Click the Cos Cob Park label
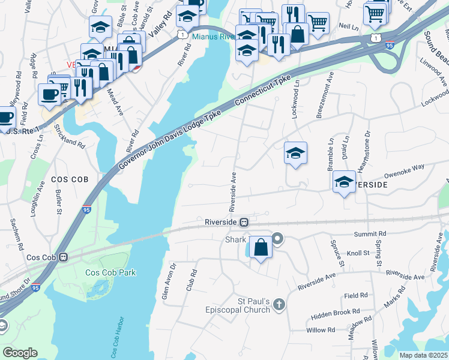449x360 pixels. (x=110, y=272)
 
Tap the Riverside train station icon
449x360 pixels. (x=244, y=222)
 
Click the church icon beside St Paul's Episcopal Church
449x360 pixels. (x=279, y=305)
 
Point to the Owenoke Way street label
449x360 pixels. (x=405, y=166)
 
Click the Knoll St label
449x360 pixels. (x=358, y=253)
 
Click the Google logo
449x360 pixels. (x=20, y=353)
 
